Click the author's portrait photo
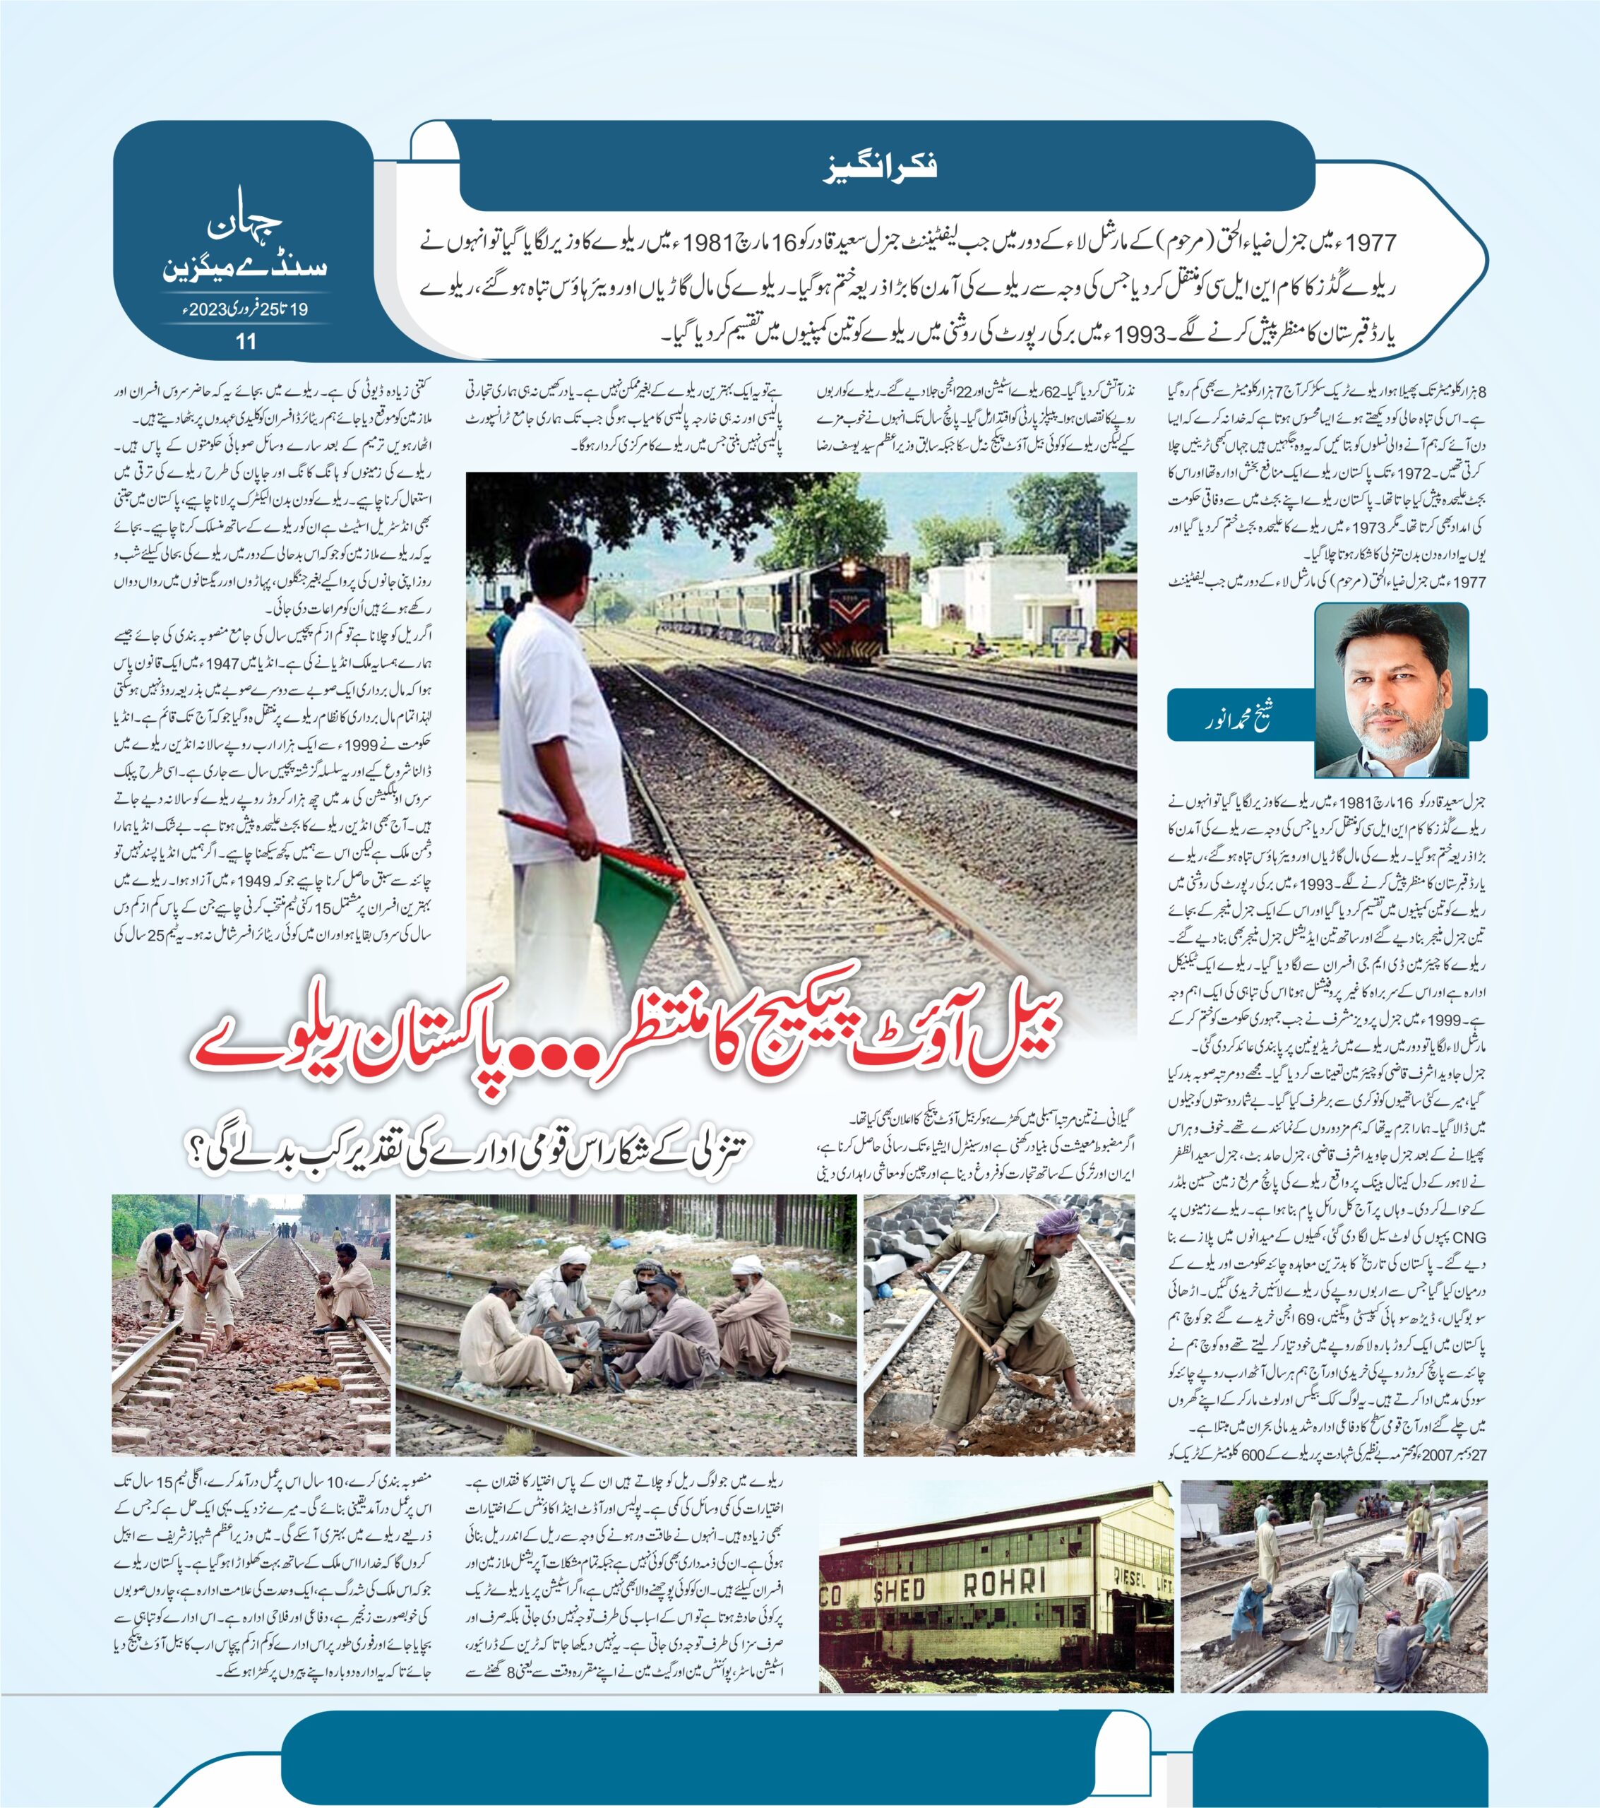tap(1391, 689)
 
